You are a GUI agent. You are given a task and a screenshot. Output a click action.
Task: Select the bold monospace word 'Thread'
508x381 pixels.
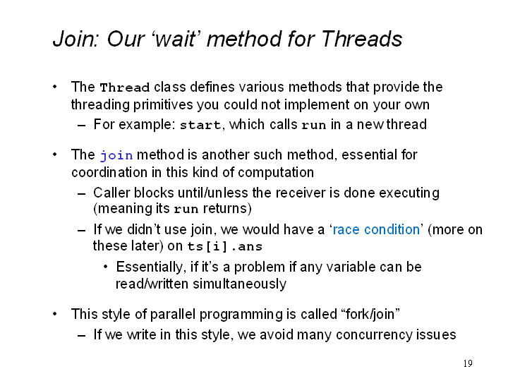coord(125,87)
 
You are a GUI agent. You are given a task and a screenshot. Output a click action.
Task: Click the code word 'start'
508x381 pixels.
coord(200,125)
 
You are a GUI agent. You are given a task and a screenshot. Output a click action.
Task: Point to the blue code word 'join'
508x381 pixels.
coord(116,155)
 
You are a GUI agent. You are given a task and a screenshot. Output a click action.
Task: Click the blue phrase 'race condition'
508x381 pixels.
coord(376,229)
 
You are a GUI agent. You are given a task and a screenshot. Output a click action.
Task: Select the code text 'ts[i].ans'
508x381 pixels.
coord(225,246)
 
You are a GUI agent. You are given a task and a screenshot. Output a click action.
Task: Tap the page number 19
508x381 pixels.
coord(468,363)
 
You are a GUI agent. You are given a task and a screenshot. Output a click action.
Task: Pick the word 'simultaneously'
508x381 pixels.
coord(239,284)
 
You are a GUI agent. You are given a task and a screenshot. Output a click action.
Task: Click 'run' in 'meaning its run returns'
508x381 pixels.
coord(186,209)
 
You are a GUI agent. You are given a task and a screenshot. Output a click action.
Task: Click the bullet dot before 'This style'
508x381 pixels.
coord(55,313)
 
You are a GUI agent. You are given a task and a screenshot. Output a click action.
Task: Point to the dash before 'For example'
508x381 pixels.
coord(82,125)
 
